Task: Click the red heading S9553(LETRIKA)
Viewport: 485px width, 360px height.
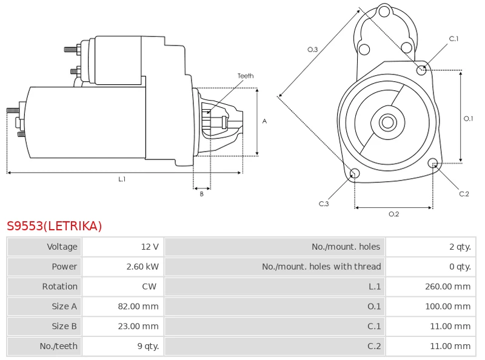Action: [55, 226]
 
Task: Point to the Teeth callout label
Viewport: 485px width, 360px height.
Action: [246, 76]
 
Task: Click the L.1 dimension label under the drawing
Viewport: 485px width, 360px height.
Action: [122, 179]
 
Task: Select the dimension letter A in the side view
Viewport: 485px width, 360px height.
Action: [264, 121]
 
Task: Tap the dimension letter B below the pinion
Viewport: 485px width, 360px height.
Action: [202, 194]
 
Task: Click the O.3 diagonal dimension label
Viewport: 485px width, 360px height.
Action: [313, 50]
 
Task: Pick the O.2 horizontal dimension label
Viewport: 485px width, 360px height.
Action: [393, 214]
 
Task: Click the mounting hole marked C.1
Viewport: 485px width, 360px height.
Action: [422, 70]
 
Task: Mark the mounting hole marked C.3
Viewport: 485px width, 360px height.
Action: [355, 175]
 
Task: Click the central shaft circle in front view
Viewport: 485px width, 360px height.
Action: [387, 122]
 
